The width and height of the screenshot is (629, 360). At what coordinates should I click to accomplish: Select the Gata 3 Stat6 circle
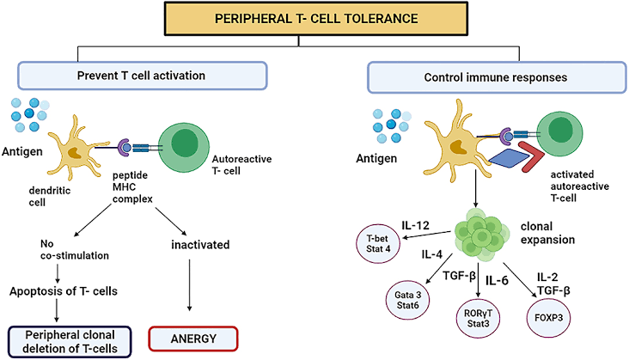[x=407, y=301]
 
